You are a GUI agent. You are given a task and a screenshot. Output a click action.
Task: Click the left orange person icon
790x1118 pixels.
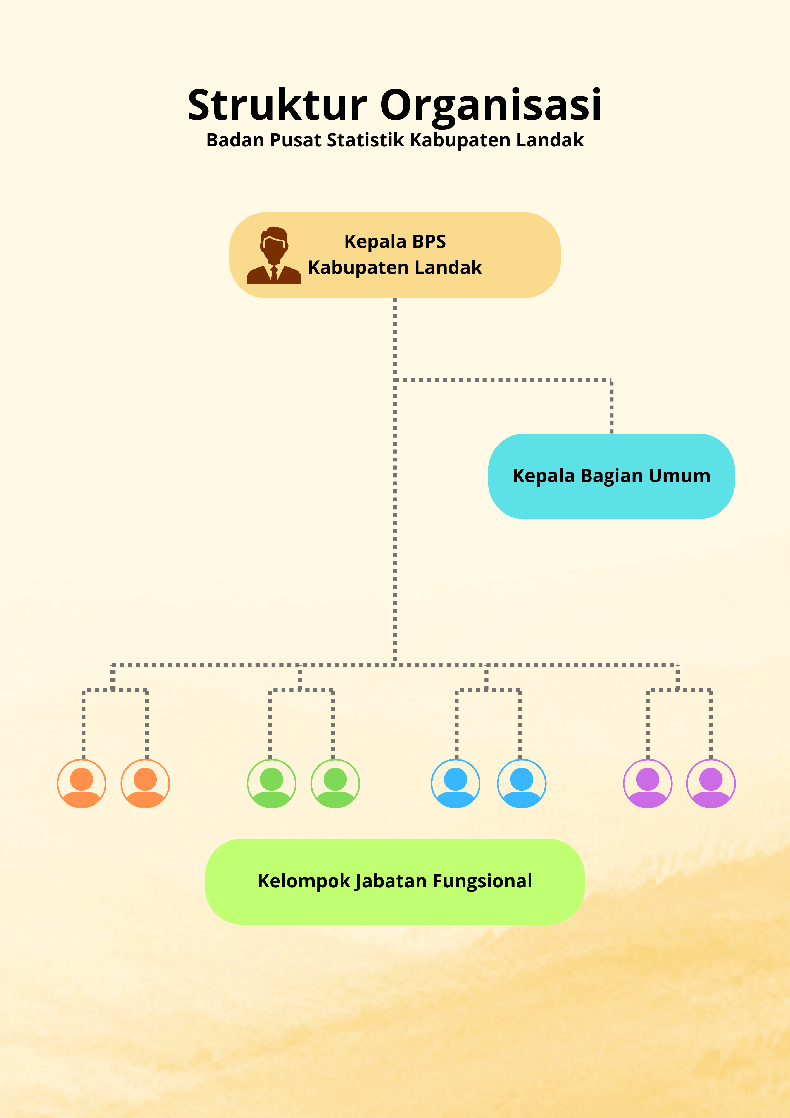pyautogui.click(x=82, y=783)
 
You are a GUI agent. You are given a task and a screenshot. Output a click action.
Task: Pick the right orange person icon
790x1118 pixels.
pyautogui.click(x=145, y=783)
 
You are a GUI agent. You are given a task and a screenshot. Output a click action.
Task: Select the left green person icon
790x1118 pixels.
pyautogui.click(x=272, y=783)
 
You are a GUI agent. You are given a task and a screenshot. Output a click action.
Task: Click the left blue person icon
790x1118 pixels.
pyautogui.click(x=456, y=783)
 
